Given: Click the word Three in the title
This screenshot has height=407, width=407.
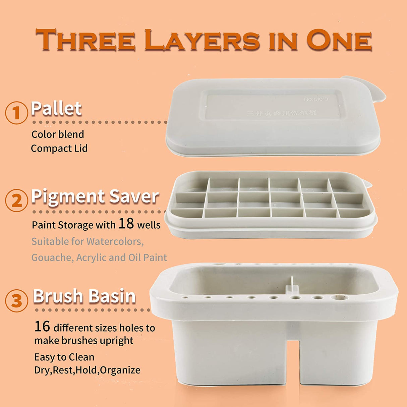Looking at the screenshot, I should [x=85, y=40].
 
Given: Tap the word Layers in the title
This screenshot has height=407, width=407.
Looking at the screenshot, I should [x=202, y=40].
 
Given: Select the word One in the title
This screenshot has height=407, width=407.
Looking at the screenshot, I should [x=339, y=40].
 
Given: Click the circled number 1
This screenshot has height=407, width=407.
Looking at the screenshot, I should [x=16, y=113].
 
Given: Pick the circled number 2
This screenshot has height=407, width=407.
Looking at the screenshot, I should [x=16, y=200].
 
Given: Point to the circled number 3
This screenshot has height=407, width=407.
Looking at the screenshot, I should [x=16, y=301].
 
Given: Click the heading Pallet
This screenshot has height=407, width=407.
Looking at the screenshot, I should [x=56, y=108].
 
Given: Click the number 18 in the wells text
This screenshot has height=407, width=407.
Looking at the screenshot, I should [x=126, y=223].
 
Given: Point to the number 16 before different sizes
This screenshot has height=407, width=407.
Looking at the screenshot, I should [x=42, y=326].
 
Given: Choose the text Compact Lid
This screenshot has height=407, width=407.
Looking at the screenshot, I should [x=59, y=148].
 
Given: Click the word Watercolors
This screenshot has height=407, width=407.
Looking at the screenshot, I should [x=115, y=241].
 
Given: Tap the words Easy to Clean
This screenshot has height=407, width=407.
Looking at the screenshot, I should [x=64, y=357].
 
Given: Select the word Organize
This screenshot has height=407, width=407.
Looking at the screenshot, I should [x=120, y=370].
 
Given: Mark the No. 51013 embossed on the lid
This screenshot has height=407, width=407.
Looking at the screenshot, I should [x=316, y=99].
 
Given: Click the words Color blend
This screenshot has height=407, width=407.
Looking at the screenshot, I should [x=58, y=134].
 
